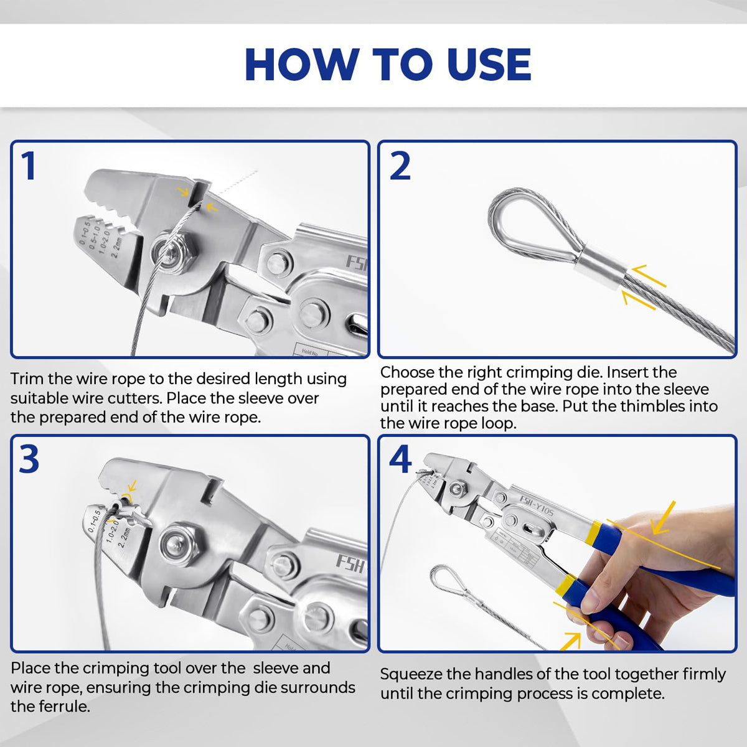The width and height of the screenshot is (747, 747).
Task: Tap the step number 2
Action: pos(400,166)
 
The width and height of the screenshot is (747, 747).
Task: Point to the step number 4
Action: pos(400,460)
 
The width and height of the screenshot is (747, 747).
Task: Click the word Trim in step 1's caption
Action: pos(27,378)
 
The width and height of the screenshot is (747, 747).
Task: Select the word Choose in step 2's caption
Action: pos(410,372)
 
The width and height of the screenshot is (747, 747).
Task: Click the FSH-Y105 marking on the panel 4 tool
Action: pos(537,504)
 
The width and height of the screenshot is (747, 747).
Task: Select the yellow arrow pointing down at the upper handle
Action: pos(664,516)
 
